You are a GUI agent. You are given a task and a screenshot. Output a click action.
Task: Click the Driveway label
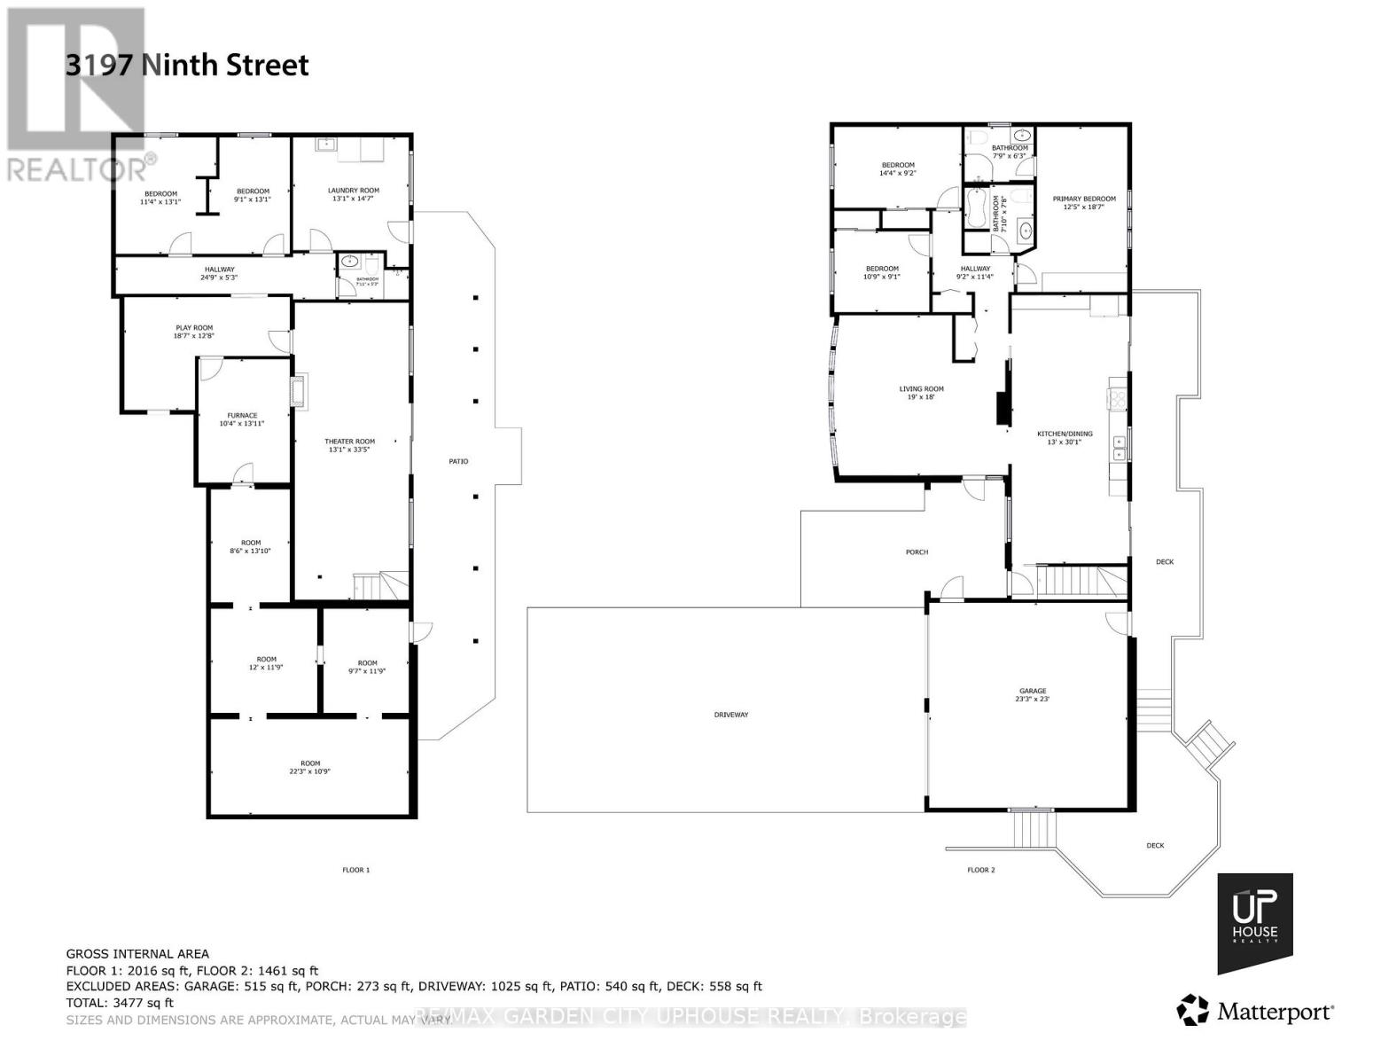(x=731, y=715)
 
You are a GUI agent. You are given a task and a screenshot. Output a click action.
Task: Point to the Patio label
(x=458, y=461)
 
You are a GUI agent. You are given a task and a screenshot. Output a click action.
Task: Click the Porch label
(x=917, y=552)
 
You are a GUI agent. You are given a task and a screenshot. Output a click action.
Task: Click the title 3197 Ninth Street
(x=187, y=65)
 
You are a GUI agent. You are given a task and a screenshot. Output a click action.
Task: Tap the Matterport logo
(x=1254, y=1011)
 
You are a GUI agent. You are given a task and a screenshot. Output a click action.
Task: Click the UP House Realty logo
(x=1254, y=922)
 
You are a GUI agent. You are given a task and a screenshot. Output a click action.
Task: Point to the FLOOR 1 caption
(x=355, y=870)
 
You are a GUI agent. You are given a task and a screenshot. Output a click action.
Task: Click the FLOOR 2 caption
(x=980, y=870)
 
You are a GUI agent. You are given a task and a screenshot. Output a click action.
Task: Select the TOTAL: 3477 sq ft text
(x=120, y=1003)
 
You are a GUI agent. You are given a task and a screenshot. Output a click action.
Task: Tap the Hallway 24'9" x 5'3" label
(x=219, y=273)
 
